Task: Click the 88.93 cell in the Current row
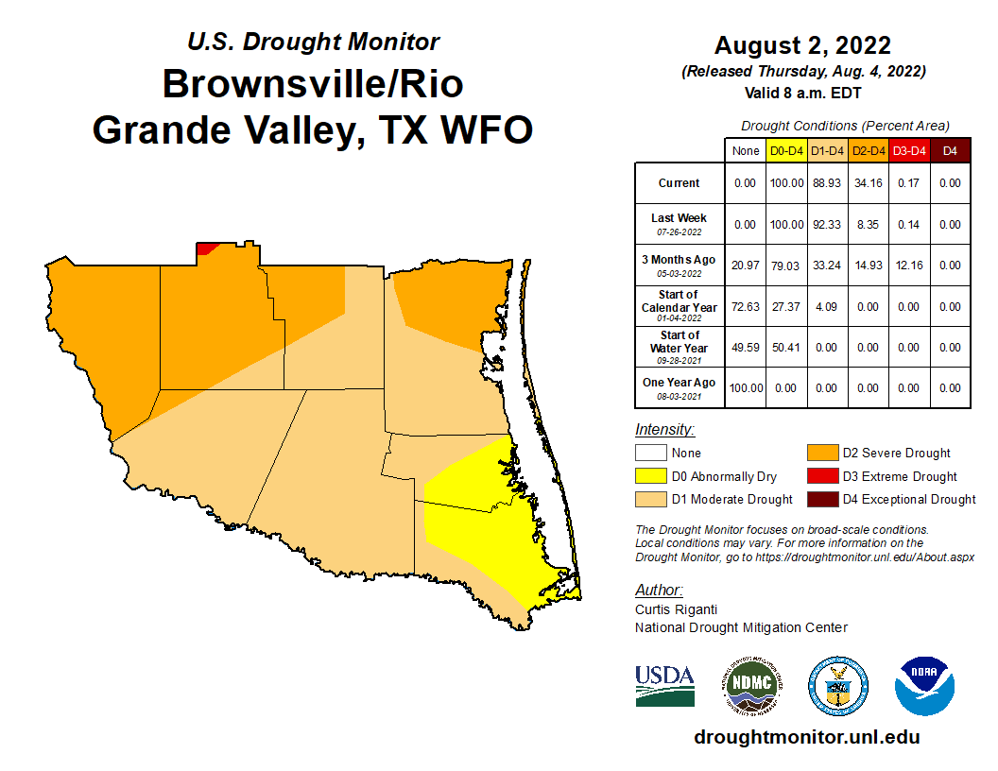click(x=828, y=183)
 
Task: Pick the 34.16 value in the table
click(x=869, y=183)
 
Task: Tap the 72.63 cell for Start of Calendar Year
click(x=746, y=307)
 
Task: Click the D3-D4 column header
click(x=909, y=150)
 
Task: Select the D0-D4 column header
click(x=786, y=150)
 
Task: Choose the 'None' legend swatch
click(x=650, y=454)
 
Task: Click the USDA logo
click(x=664, y=685)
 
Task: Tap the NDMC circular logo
click(x=751, y=685)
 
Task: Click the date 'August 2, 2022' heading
click(x=802, y=45)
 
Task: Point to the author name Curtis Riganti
click(x=674, y=609)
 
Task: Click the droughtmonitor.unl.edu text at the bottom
click(x=806, y=737)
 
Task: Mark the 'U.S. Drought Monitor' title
click(x=313, y=42)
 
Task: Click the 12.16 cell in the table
click(x=909, y=266)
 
